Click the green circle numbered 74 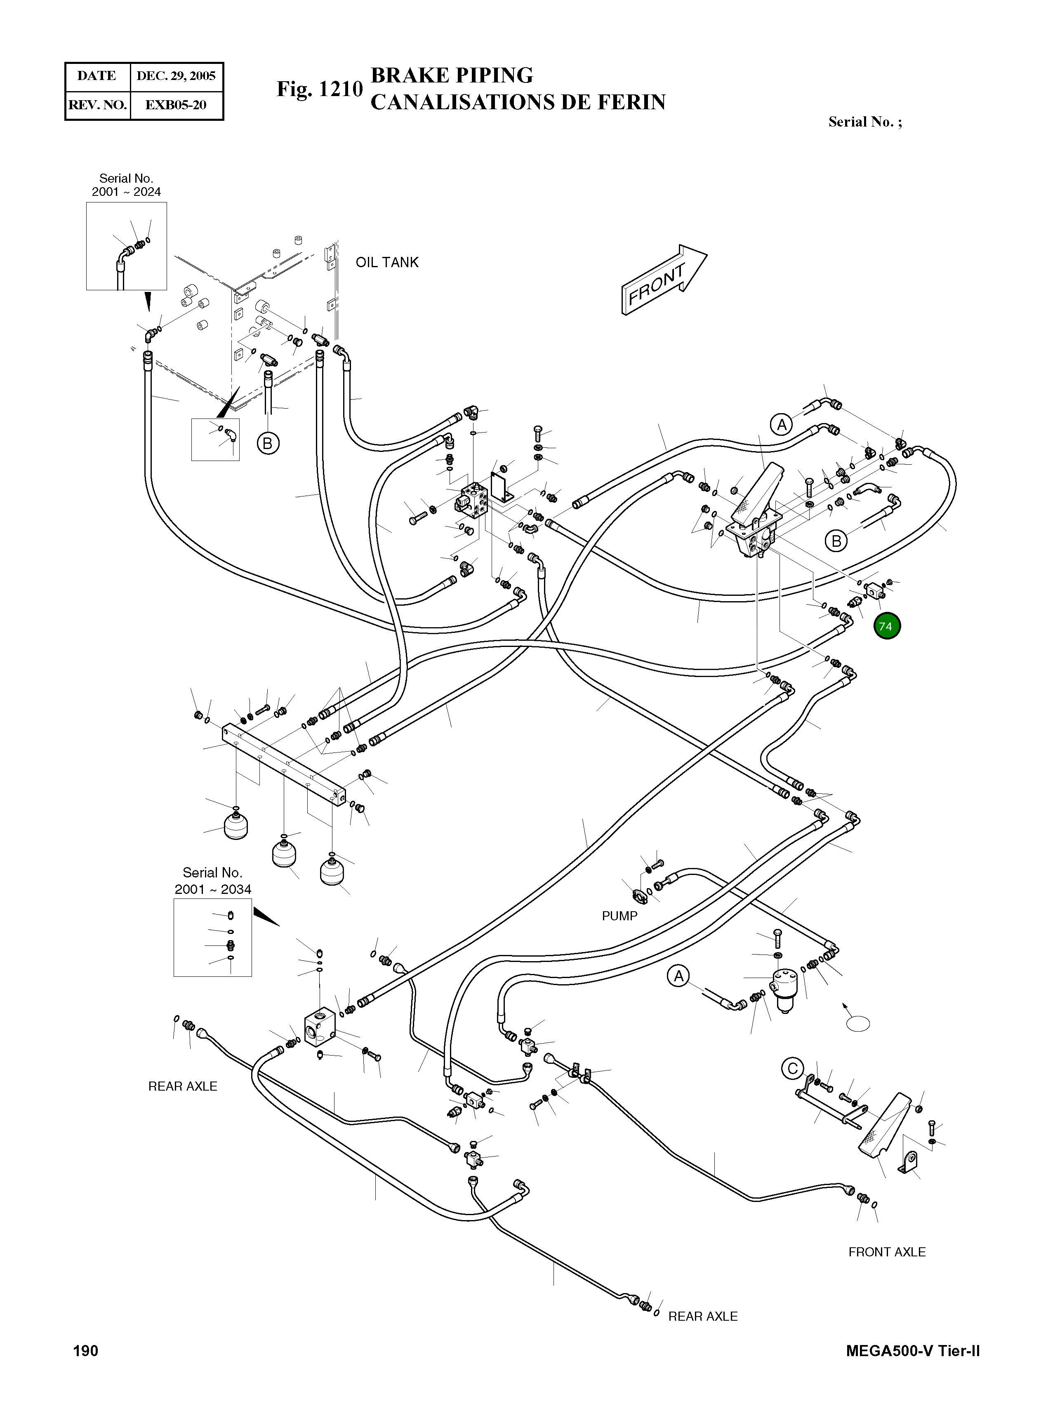887,626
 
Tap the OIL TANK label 387,263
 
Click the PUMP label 619,916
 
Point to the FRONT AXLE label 887,1252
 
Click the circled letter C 793,1068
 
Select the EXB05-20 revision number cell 176,105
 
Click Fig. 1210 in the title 320,89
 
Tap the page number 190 86,1351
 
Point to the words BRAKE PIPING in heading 452,75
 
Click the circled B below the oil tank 267,444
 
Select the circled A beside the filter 678,976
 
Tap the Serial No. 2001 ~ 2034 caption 212,881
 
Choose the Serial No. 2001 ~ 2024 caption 126,185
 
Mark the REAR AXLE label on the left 182,1086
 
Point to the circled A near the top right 782,425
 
